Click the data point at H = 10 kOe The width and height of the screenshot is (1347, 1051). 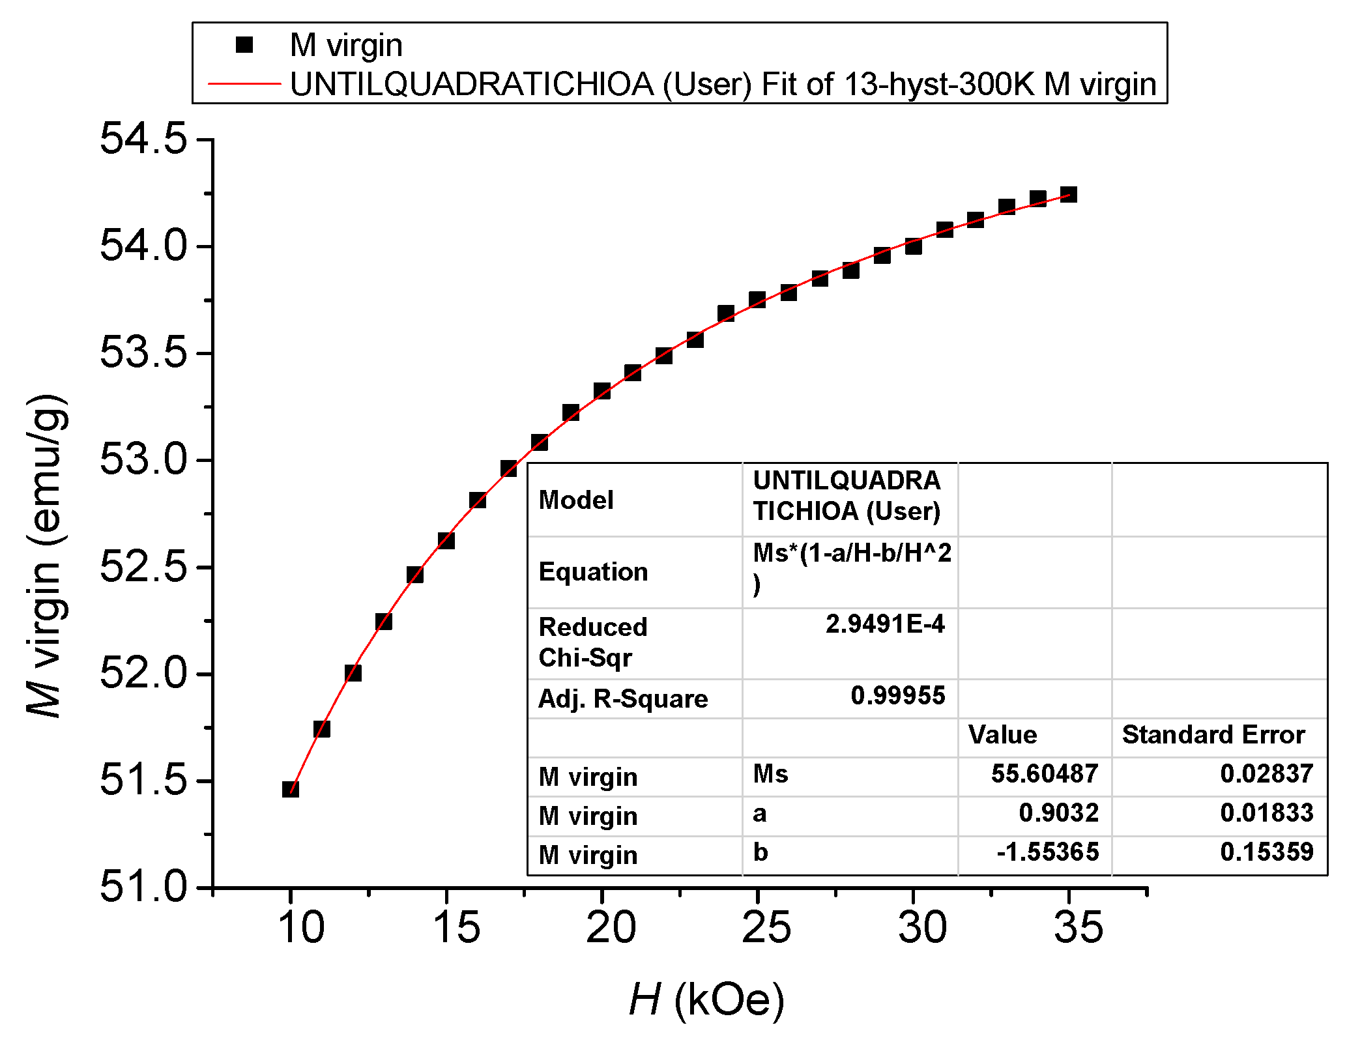point(291,789)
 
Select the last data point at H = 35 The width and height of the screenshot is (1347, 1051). point(1069,194)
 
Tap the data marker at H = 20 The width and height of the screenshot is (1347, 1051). point(602,391)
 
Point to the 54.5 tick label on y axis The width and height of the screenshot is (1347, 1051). point(143,139)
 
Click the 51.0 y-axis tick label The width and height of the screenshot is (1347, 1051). point(143,887)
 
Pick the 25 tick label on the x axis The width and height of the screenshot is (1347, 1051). point(766,927)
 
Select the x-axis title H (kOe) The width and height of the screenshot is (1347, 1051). point(707,1000)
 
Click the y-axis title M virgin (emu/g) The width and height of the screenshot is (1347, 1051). point(46,555)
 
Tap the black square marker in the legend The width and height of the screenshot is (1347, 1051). point(244,45)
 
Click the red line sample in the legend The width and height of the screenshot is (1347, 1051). point(244,84)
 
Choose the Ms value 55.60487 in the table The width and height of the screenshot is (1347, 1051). point(1045,774)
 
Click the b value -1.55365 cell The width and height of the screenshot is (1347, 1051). point(1047,852)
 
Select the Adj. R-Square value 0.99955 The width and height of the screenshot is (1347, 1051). point(897,696)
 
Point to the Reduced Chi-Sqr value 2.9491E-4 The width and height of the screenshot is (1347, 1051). point(885,624)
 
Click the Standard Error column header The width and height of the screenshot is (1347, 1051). point(1213,735)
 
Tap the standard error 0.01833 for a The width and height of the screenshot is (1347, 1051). point(1266,813)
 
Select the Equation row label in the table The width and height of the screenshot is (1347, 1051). point(593,572)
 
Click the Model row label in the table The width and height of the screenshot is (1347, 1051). point(576,500)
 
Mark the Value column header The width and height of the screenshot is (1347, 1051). point(1002,735)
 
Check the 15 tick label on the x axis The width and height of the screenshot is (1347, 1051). point(456,927)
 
